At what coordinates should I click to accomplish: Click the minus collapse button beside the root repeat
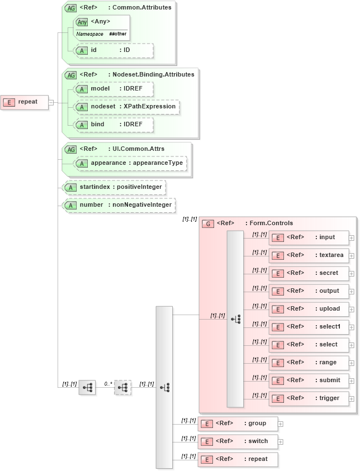click(51, 102)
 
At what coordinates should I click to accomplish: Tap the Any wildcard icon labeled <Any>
click(82, 22)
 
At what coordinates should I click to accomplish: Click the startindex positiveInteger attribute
click(115, 187)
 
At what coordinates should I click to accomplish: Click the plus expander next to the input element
click(352, 237)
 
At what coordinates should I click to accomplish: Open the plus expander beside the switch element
click(281, 441)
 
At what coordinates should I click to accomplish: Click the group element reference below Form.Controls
click(238, 424)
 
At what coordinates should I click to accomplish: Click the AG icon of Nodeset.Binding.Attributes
click(71, 75)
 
